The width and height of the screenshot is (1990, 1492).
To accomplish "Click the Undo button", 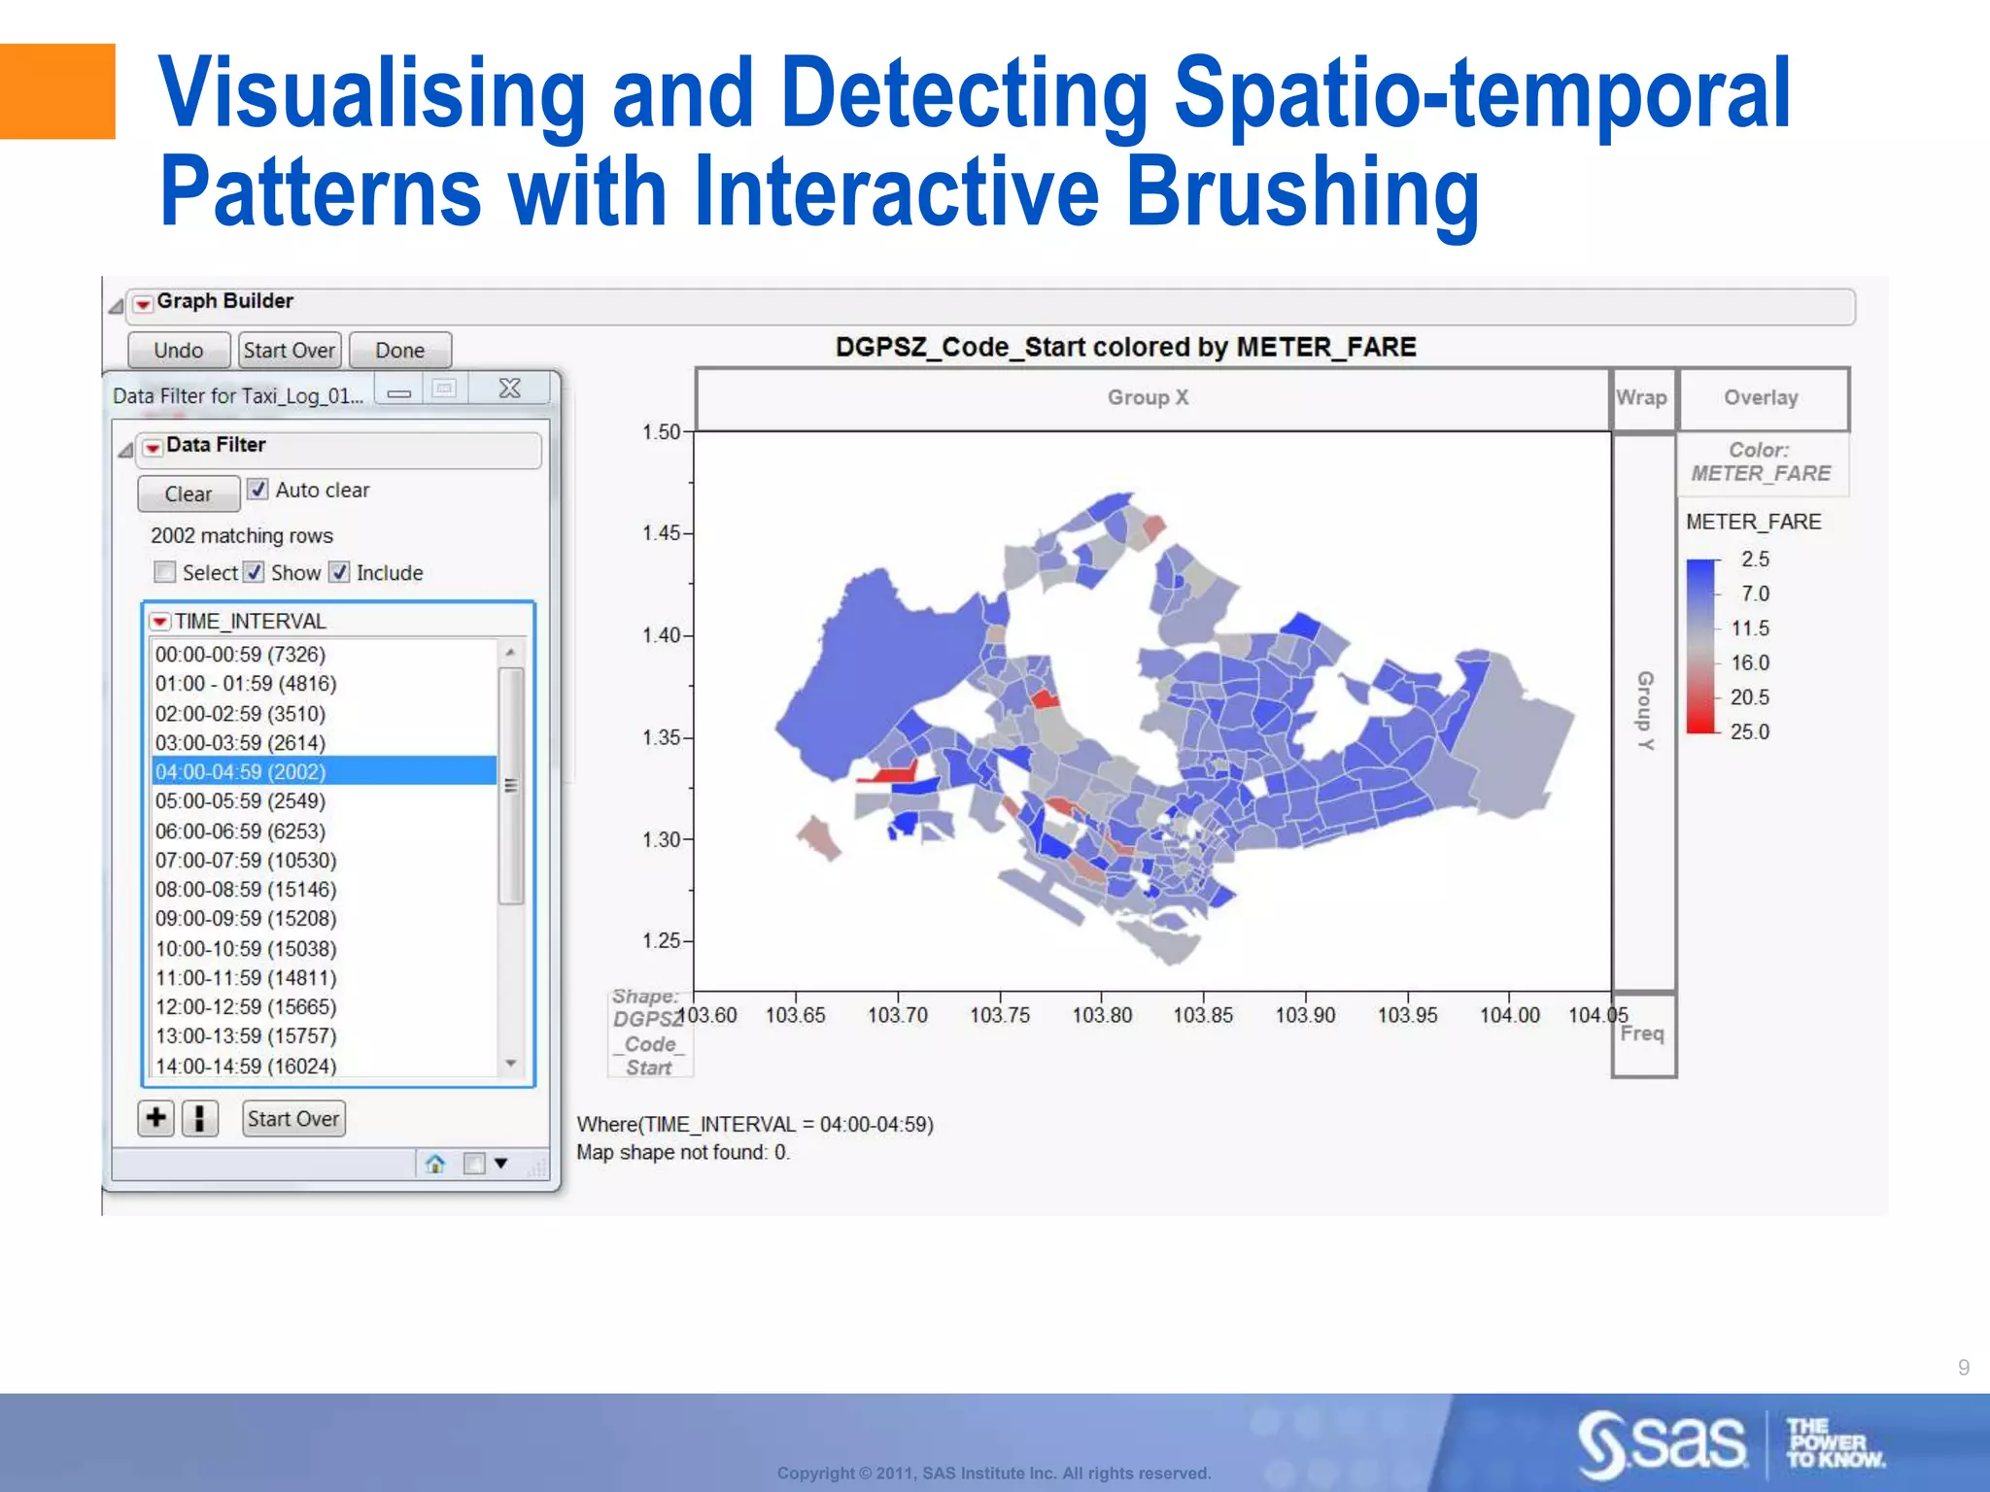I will pos(179,351).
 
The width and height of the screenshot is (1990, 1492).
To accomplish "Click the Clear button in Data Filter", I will pos(188,493).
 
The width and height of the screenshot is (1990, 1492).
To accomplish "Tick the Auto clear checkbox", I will pos(257,490).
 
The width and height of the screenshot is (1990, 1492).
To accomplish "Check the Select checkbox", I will pos(165,572).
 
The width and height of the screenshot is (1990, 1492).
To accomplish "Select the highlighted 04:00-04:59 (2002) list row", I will pos(324,771).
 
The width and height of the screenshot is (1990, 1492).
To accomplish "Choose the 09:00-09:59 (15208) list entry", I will pos(246,919).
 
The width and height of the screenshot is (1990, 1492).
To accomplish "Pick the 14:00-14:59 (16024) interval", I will pos(246,1066).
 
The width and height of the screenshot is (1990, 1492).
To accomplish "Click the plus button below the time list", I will pos(155,1118).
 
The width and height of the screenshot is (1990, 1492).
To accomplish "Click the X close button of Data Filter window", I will pos(509,390).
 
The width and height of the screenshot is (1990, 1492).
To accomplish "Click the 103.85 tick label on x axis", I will pos(1203,1015).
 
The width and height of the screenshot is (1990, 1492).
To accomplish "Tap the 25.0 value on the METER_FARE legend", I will pos(1749,732).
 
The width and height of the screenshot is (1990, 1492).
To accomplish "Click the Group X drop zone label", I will pos(1148,398).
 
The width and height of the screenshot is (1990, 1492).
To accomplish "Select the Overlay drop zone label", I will pos(1761,398).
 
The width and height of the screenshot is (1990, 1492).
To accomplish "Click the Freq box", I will pos(1642,1034).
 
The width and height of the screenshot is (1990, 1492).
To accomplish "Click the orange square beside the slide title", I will pos(56,91).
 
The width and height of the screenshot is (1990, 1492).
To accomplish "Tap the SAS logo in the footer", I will pos(1662,1443).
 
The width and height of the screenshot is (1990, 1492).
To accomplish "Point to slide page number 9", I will pos(1963,1368).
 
